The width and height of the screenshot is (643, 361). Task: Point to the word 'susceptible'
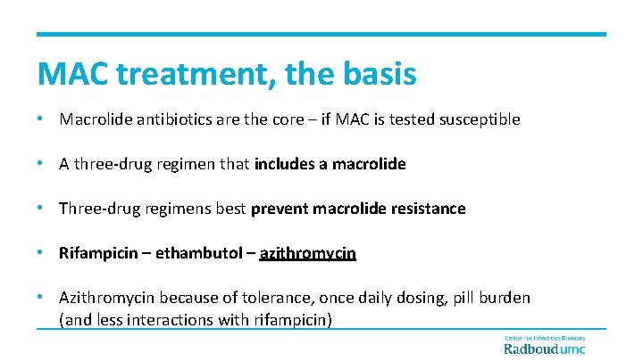click(x=478, y=119)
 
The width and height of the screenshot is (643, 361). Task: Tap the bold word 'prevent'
click(x=280, y=209)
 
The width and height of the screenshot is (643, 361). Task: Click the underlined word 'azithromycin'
click(x=307, y=253)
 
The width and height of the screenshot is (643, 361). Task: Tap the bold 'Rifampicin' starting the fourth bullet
click(x=97, y=253)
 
